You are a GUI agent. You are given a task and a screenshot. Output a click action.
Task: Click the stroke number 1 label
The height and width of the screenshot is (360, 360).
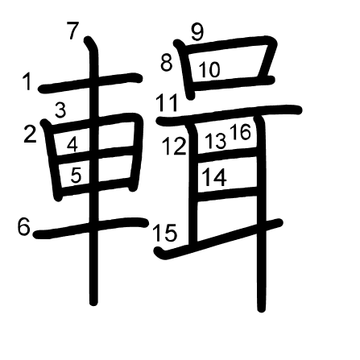[27, 82]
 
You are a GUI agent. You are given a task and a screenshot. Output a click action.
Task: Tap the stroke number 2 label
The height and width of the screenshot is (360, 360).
[30, 134]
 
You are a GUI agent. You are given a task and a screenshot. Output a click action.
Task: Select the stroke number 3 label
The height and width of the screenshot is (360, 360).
[60, 110]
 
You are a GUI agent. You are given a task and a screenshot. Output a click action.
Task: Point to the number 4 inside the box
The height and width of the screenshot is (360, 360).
[72, 144]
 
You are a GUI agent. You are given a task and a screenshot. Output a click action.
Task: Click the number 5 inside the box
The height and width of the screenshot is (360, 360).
[76, 176]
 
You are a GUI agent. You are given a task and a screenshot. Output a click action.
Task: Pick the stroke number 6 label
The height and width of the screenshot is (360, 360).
[23, 227]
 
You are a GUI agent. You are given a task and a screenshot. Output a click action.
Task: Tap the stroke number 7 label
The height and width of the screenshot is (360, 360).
[72, 31]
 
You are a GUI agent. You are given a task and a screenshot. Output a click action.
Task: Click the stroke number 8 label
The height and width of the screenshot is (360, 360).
[166, 64]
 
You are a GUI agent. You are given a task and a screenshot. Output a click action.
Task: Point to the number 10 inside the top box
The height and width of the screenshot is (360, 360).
[210, 69]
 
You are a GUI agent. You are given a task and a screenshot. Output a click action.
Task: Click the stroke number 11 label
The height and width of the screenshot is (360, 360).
[168, 103]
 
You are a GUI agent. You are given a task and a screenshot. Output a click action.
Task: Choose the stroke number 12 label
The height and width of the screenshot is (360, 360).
[175, 146]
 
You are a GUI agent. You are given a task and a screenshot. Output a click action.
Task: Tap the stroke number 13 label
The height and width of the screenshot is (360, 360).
[215, 141]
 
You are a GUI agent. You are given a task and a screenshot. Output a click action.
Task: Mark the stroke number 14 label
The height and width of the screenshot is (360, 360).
[215, 178]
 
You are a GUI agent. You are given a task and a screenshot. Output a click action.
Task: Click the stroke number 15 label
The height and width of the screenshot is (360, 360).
[165, 233]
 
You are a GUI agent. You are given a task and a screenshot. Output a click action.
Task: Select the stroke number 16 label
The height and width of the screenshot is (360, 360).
[241, 132]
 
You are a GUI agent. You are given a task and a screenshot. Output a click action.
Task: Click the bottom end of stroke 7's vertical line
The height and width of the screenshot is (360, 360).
[93, 303]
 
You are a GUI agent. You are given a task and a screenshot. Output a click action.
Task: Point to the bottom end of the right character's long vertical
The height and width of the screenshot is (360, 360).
[262, 309]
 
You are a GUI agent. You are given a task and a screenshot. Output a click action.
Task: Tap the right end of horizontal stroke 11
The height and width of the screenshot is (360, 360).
[299, 110]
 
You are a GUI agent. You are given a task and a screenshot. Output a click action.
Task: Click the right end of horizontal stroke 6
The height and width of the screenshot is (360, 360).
[144, 222]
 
